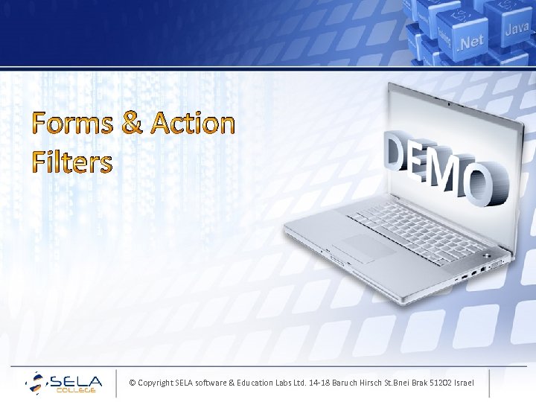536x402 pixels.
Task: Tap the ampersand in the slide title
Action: click(131, 124)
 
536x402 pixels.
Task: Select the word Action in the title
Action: click(192, 124)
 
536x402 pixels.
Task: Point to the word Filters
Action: click(72, 162)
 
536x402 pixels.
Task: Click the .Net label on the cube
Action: click(470, 41)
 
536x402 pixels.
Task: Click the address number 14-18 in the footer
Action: click(322, 383)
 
